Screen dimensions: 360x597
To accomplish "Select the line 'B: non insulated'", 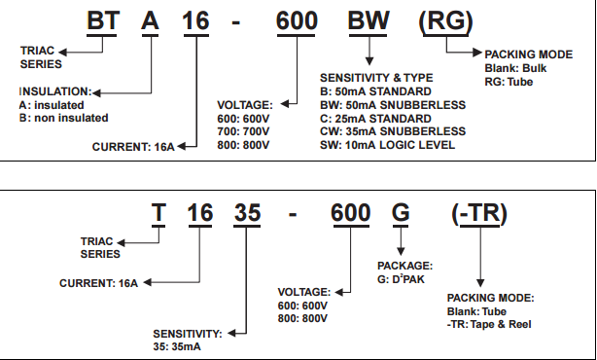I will pyautogui.click(x=63, y=118).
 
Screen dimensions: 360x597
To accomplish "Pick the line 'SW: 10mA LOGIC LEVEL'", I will pyautogui.click(x=388, y=145).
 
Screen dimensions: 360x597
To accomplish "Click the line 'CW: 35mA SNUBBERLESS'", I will pyautogui.click(x=391, y=131).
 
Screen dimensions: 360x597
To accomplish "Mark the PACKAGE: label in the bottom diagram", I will pyautogui.click(x=404, y=264).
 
